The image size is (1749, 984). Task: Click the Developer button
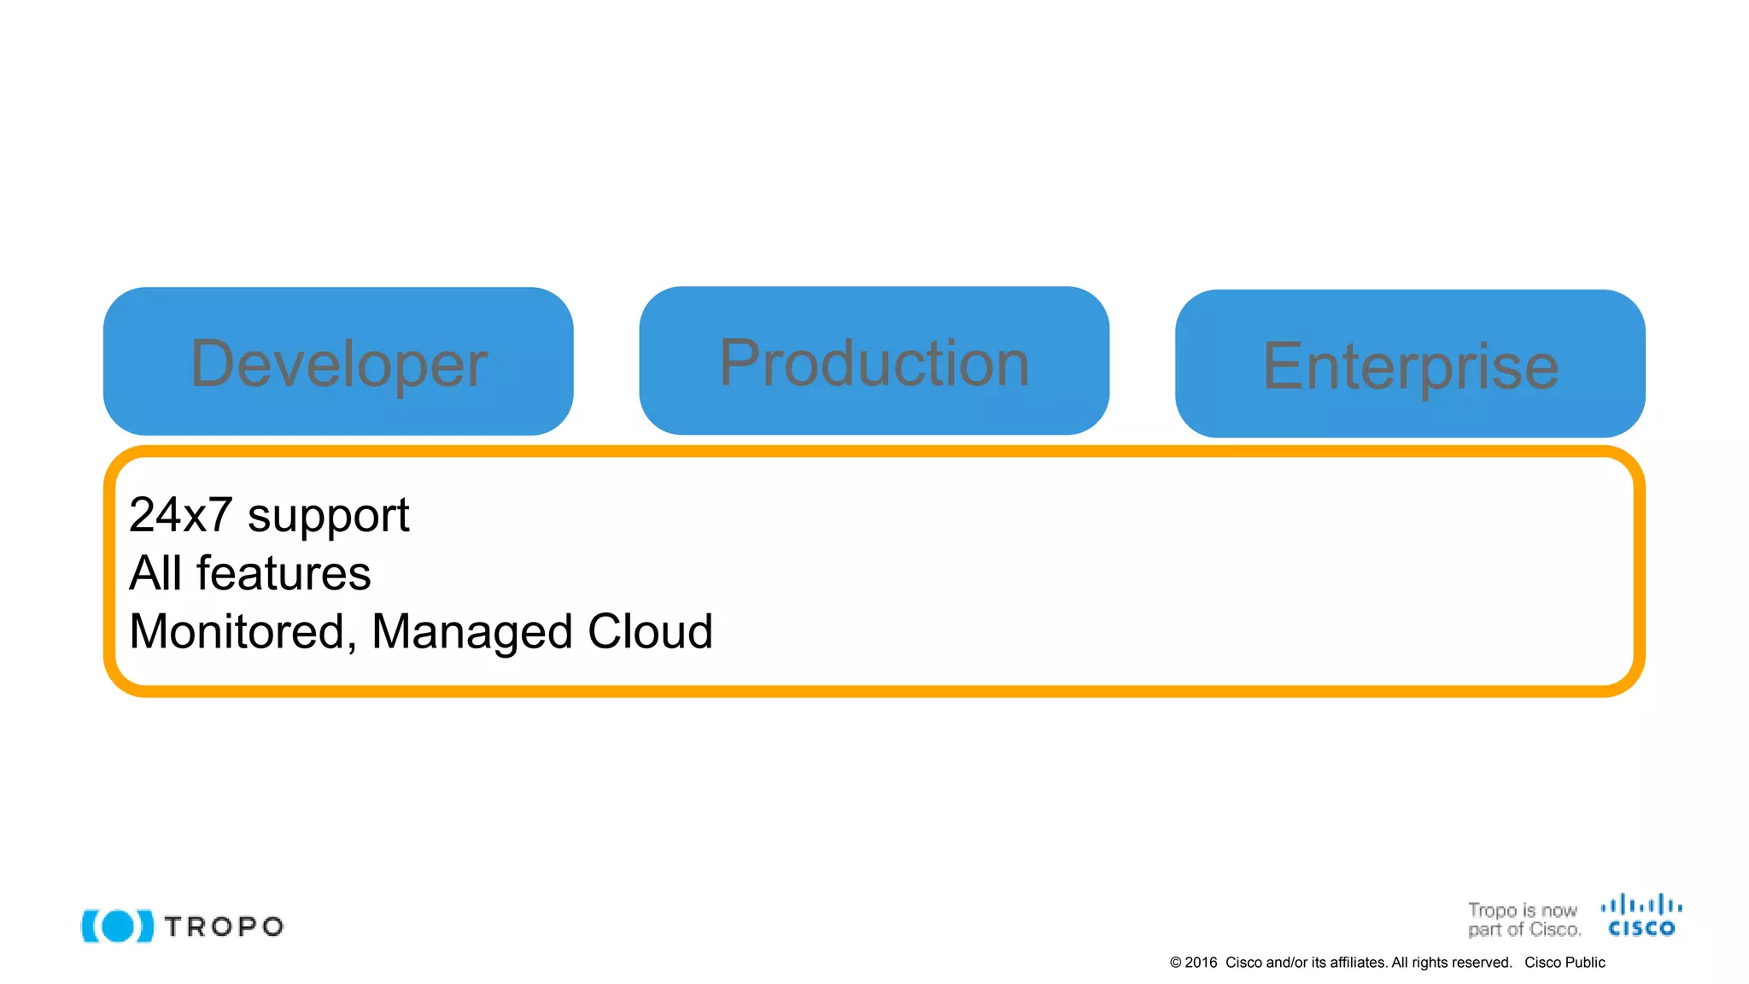338,362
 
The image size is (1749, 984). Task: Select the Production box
874,361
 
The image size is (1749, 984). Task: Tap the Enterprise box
1410,365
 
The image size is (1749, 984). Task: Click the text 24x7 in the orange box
180,515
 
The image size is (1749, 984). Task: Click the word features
284,573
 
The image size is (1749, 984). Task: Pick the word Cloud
650,631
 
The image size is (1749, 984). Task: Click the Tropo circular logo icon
118,926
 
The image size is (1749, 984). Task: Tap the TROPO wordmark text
224,927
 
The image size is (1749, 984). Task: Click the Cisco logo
1641,916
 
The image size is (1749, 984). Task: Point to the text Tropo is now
1522,911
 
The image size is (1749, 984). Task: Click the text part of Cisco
1524,929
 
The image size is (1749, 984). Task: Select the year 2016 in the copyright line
1201,963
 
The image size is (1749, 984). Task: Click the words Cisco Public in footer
1565,963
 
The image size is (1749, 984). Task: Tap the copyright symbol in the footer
1175,963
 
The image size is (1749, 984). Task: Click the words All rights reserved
1451,963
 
